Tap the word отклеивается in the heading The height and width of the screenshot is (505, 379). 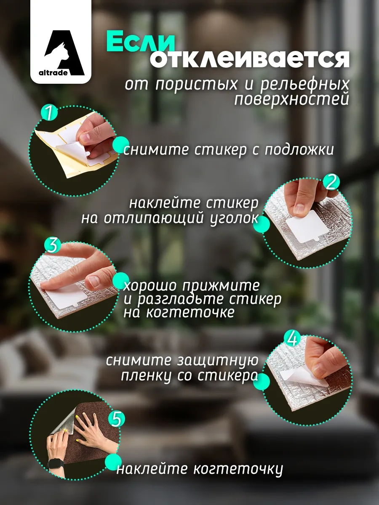(250, 60)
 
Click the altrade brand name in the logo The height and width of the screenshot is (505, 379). (53, 73)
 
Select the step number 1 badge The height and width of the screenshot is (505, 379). (49, 112)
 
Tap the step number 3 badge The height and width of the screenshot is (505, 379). (53, 245)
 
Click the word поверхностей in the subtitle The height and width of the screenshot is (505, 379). (291, 100)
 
